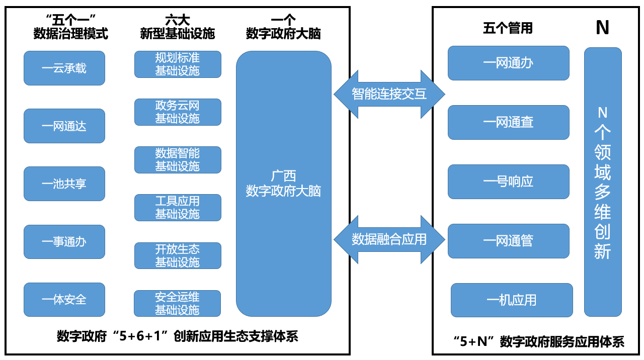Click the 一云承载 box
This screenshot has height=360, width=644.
(x=64, y=68)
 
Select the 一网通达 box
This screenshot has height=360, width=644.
(x=64, y=126)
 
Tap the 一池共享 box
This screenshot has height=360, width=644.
(x=64, y=184)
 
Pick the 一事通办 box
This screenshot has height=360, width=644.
(x=64, y=241)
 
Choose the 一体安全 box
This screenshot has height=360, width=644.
(x=64, y=299)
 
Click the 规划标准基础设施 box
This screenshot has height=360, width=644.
(x=178, y=64)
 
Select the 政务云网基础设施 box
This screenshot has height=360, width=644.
(x=178, y=112)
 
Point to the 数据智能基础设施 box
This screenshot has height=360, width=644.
(x=178, y=160)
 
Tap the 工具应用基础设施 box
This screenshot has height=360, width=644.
(x=178, y=208)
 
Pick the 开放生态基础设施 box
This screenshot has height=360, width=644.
(x=178, y=255)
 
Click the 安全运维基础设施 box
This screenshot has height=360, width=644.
(x=178, y=303)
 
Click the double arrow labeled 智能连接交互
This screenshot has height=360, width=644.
(x=389, y=94)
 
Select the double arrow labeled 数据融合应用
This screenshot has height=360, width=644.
(x=389, y=239)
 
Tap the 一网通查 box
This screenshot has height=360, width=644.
(x=509, y=122)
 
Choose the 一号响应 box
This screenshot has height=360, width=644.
(x=509, y=182)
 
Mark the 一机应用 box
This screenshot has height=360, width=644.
(x=512, y=300)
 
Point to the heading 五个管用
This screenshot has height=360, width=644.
(x=508, y=28)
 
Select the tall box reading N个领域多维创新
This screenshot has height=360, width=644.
(x=603, y=182)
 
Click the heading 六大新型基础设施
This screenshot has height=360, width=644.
(x=178, y=27)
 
